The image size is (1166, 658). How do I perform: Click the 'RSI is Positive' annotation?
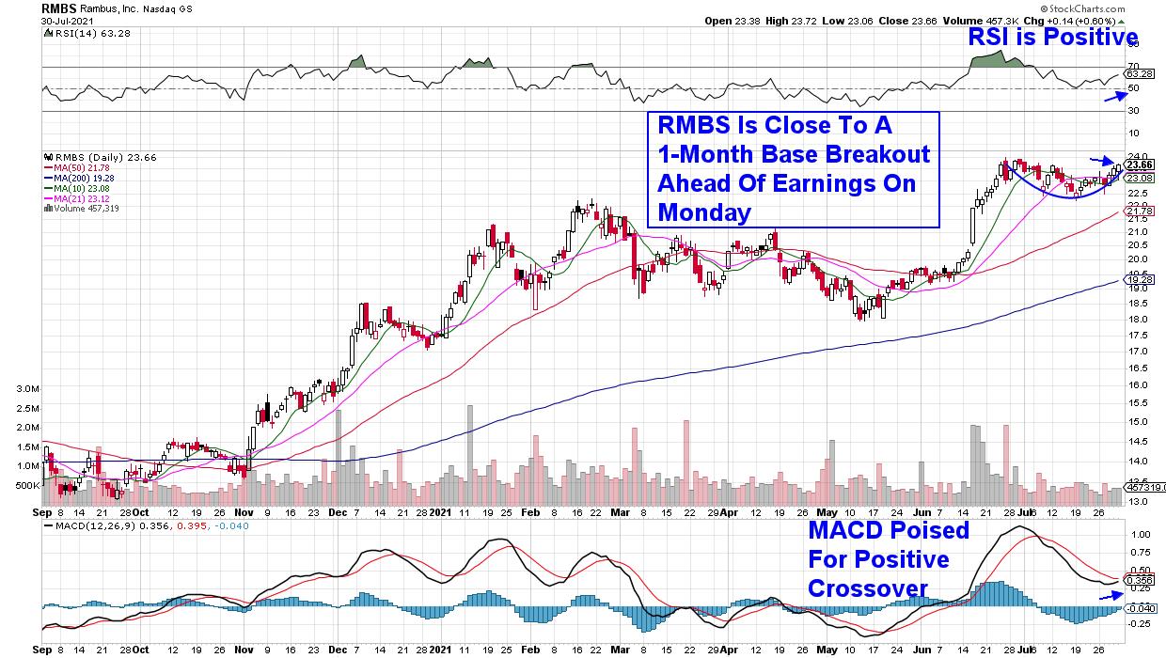tap(1054, 37)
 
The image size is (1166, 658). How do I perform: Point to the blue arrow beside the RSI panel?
tap(1116, 95)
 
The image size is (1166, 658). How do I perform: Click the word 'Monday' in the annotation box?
tap(704, 212)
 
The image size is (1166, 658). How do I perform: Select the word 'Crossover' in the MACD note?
tap(868, 588)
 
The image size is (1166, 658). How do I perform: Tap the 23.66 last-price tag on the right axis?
tap(1140, 164)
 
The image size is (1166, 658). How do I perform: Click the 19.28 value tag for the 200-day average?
tap(1140, 280)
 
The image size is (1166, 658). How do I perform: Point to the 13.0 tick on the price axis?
tap(1136, 501)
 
